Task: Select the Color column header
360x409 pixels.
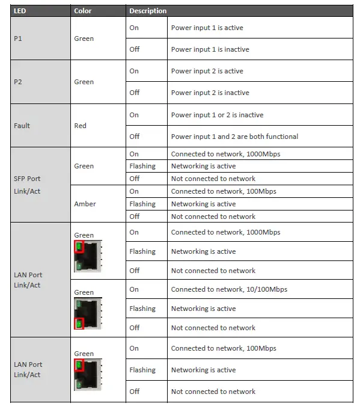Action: coord(82,11)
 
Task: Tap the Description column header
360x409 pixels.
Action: coord(147,11)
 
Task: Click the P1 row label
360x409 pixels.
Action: coord(18,38)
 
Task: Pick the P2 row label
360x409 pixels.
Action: coord(18,82)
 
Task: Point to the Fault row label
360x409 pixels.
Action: coord(22,126)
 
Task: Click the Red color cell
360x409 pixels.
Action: coord(80,126)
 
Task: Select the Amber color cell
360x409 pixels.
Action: coord(84,204)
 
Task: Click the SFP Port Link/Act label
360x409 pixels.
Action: coord(27,184)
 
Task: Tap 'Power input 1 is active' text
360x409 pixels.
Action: coord(207,28)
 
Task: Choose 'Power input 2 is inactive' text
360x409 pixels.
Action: coord(210,93)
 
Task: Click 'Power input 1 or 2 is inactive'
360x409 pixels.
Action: coord(217,115)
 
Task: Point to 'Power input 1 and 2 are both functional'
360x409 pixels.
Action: coord(234,137)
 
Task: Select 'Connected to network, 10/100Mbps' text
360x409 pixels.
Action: coord(229,289)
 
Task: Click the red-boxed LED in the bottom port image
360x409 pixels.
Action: coord(79,366)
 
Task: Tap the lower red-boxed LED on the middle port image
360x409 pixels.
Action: coord(79,324)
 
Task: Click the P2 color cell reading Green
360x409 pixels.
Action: coord(84,82)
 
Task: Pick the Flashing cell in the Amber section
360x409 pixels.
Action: coord(142,204)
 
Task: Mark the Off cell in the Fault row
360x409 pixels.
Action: coord(134,137)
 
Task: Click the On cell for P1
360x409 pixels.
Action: coord(133,28)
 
